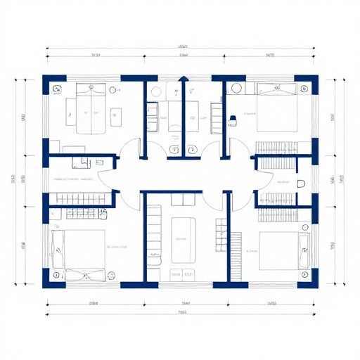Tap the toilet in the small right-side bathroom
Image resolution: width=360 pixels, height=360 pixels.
[301, 184]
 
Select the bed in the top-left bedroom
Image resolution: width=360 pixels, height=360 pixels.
[89, 109]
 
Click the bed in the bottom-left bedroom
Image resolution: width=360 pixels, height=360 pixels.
[78, 250]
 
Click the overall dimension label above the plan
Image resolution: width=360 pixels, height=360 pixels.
[183, 46]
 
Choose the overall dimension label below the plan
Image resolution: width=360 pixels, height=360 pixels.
[182, 312]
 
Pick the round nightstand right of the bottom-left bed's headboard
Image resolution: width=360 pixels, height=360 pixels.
[110, 274]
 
